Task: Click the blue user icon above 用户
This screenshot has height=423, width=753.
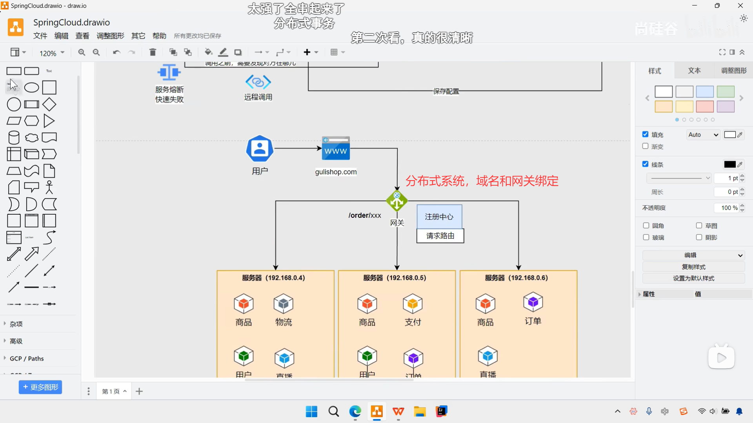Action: pos(259,148)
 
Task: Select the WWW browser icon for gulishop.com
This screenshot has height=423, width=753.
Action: pos(336,148)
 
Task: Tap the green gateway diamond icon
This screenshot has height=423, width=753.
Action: pos(397,201)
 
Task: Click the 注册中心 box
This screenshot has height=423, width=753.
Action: pos(439,217)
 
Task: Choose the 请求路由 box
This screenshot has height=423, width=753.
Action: pos(440,236)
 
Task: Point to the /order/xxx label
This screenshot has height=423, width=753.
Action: pos(364,215)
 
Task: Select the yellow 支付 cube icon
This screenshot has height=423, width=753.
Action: pos(413,304)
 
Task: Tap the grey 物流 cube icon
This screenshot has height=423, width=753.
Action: pos(284,304)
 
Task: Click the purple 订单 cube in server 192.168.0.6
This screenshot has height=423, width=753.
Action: pos(533,302)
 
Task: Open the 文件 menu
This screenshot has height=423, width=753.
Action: pos(40,36)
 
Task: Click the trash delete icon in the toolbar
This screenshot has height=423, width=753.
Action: pos(153,52)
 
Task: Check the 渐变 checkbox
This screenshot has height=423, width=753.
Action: pos(646,146)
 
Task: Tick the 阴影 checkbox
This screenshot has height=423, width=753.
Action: pos(699,237)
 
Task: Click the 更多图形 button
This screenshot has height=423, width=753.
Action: pos(40,387)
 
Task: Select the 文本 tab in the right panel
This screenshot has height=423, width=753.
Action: pos(694,70)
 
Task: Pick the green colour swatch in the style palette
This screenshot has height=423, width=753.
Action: pos(726,92)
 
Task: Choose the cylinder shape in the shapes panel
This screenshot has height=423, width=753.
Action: pos(14,138)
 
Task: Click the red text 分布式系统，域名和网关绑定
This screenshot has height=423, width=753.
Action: pos(482,181)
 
